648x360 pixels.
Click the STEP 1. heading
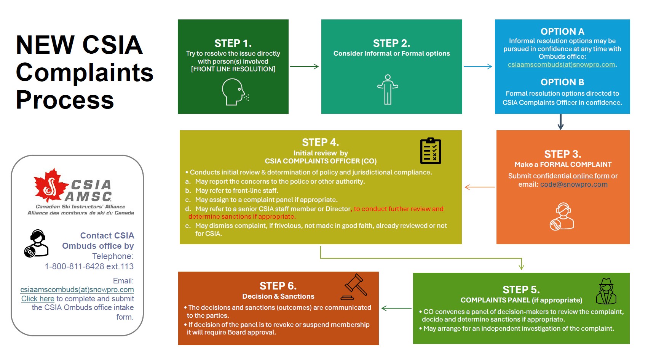click(233, 43)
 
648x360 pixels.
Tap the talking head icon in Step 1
click(235, 92)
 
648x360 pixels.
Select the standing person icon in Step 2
click(388, 90)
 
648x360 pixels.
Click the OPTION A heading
click(562, 31)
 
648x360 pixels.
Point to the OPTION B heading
click(562, 82)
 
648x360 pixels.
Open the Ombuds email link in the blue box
click(561, 64)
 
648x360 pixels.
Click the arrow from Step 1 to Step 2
click(304, 67)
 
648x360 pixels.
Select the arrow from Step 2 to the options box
click(477, 67)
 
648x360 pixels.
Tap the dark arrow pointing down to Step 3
click(560, 122)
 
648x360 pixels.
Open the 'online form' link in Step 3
click(591, 176)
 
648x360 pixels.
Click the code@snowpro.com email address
click(574, 184)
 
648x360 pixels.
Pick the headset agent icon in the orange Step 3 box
click(562, 216)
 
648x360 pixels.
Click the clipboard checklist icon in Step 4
click(431, 151)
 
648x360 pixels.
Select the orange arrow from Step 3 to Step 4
click(480, 187)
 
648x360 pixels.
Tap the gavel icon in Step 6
click(354, 287)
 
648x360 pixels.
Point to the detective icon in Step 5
click(606, 291)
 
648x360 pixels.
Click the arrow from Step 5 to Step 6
click(396, 308)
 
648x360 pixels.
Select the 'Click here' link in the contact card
click(38, 299)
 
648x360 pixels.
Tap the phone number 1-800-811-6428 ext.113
click(89, 266)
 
